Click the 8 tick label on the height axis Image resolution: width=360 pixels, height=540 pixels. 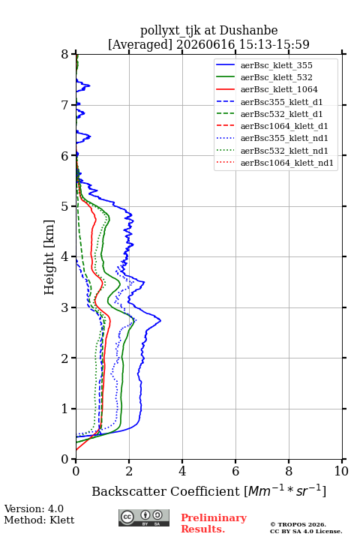click(65, 54)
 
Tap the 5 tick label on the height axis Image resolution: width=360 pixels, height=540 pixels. click(65, 206)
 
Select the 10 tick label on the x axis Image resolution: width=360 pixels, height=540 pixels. click(341, 471)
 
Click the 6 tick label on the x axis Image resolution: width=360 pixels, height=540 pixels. click(235, 471)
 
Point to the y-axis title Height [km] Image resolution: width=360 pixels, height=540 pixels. click(49, 257)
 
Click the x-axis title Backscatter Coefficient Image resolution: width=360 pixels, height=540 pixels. click(166, 491)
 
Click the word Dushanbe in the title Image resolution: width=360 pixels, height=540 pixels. click(249, 30)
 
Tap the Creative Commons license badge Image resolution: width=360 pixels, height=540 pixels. click(144, 518)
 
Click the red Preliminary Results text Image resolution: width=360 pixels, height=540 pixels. click(214, 523)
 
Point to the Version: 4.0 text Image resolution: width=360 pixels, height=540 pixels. click(34, 508)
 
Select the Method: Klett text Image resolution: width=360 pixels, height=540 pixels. click(39, 520)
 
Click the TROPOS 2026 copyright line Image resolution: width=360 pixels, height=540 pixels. click(298, 524)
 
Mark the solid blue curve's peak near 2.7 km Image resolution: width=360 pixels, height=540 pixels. click(160, 321)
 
